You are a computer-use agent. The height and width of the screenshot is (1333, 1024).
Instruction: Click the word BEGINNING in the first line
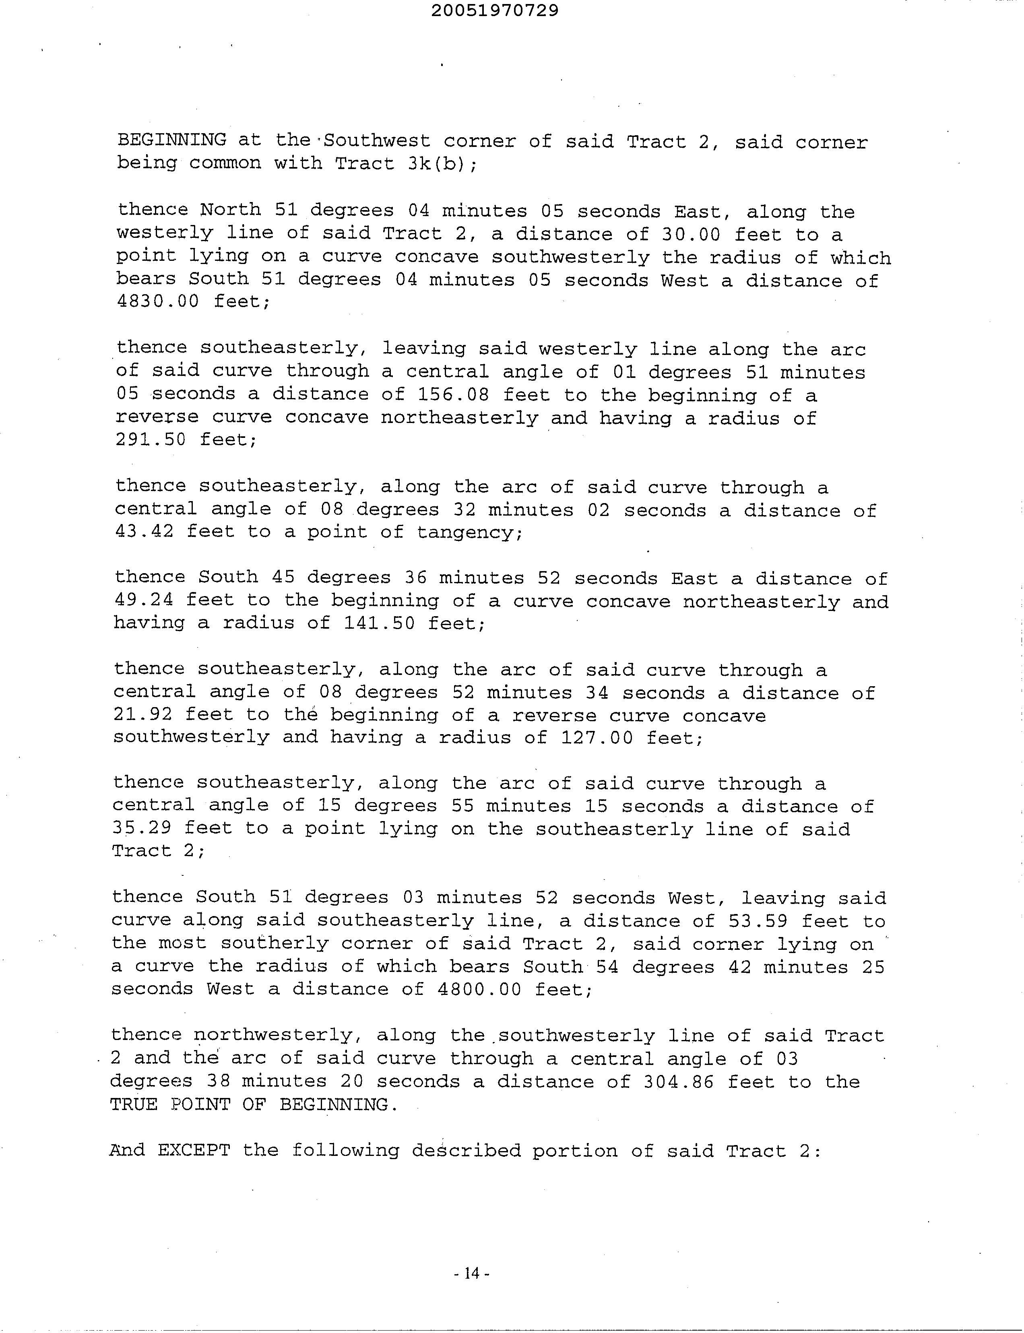(171, 140)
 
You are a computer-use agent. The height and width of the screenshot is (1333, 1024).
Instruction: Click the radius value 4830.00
(157, 302)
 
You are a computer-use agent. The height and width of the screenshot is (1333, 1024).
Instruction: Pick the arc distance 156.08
(454, 395)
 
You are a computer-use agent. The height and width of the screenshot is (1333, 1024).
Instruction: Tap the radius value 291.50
(151, 440)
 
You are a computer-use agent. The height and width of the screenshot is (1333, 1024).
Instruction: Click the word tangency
(469, 533)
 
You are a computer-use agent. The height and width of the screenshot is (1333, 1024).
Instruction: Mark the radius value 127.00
(597, 738)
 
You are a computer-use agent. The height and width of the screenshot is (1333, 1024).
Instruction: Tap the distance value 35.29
(142, 828)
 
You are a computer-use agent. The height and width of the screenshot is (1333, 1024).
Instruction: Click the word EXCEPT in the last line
(194, 1151)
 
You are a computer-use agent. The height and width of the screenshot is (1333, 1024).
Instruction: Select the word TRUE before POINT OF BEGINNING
(134, 1104)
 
